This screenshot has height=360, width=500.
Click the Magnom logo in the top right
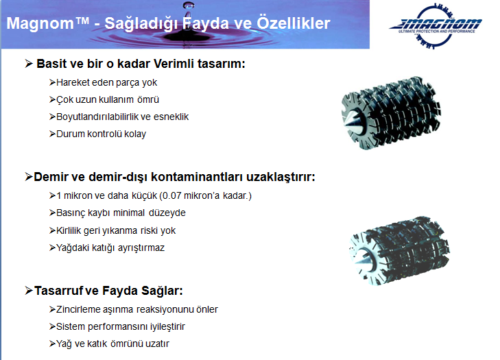(x=436, y=26)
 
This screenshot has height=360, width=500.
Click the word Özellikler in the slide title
(x=294, y=23)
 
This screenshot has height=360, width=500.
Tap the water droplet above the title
(x=189, y=5)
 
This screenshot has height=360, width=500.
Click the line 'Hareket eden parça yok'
(x=106, y=82)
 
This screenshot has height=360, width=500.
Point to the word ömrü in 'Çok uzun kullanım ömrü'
(x=148, y=100)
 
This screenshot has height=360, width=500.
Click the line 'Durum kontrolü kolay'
(x=101, y=134)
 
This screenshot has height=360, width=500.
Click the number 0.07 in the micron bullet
(x=171, y=195)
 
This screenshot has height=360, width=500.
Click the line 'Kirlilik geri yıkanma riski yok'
(x=116, y=230)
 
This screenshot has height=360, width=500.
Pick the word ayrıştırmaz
(x=141, y=248)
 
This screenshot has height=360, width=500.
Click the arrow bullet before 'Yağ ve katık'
(x=52, y=344)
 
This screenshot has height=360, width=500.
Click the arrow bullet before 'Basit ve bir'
(x=29, y=64)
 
